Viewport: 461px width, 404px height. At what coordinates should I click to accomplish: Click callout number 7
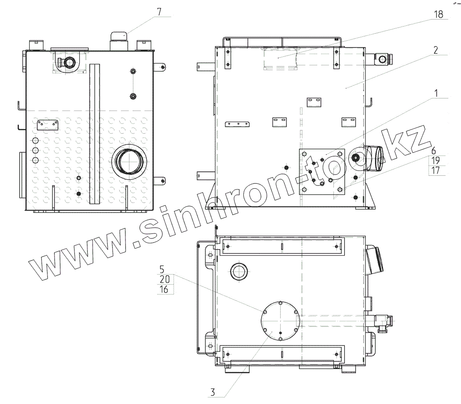(159, 12)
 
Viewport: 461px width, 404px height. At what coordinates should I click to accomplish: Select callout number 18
(438, 14)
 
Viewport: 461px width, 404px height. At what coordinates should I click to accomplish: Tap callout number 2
(436, 50)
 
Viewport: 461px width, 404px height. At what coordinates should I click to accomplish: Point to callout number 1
(436, 93)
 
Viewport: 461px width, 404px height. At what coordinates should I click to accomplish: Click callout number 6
(434, 151)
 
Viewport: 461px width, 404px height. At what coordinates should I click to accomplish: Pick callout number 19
(435, 160)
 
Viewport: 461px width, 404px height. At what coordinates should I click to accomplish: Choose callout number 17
(435, 170)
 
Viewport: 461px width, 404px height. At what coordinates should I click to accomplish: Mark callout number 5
(162, 269)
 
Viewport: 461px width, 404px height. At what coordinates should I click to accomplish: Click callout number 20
(164, 279)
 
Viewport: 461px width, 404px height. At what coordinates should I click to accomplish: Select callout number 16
(164, 289)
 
